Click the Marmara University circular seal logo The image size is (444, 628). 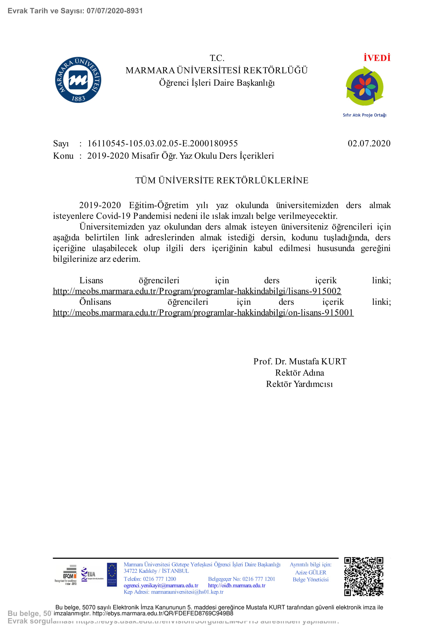(78, 80)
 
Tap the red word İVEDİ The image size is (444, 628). (377, 58)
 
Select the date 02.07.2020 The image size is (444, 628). (369, 143)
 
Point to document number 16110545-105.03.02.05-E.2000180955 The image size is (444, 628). (163, 143)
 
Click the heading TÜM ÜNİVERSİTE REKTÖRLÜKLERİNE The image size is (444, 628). (222, 180)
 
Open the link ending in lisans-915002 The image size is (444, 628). (197, 291)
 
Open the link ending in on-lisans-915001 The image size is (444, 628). (203, 312)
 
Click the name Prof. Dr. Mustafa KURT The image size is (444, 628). (299, 361)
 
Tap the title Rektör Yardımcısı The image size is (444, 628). (299, 384)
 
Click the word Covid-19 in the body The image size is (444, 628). (113, 216)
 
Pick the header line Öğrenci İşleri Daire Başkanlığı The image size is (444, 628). (217, 83)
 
